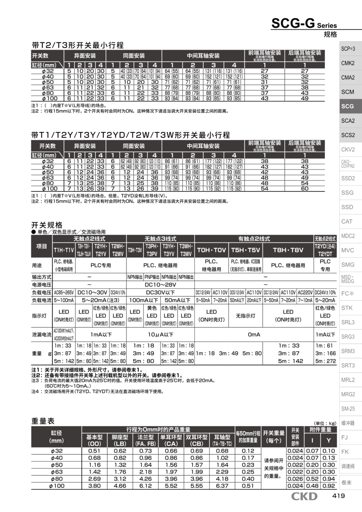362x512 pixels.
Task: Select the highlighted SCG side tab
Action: (348, 106)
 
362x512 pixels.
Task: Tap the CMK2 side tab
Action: (348, 63)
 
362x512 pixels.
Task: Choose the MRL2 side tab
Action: (348, 380)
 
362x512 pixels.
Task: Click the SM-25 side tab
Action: (348, 409)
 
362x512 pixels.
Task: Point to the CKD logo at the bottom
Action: (304, 496)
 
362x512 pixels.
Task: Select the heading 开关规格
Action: (47, 225)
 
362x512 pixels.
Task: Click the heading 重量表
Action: (43, 421)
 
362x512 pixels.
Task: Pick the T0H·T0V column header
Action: (211, 250)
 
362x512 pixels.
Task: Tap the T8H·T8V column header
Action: (288, 250)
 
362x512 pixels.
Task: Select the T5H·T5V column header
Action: (246, 250)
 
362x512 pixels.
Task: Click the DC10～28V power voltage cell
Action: (160, 284)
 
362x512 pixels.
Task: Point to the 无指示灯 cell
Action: (246, 316)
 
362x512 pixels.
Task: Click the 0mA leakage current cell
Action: (254, 335)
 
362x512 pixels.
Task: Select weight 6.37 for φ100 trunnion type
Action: (222, 486)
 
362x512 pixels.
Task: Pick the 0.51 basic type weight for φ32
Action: (94, 451)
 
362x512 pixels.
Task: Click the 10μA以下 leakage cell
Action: (160, 335)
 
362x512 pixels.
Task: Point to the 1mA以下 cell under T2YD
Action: (325, 335)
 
